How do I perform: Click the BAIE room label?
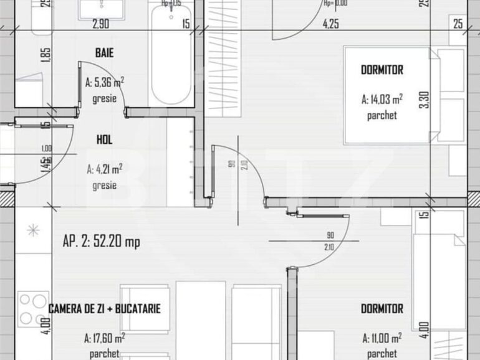[x=104, y=54]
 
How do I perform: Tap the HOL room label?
[x=104, y=140]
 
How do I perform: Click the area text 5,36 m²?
[x=104, y=82]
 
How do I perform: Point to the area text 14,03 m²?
[x=382, y=98]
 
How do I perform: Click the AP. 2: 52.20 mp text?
[x=101, y=242]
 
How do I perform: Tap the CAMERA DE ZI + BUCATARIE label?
[x=105, y=308]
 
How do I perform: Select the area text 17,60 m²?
[x=104, y=338]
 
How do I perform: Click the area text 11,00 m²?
[x=382, y=338]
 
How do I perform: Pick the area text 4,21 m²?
[x=104, y=168]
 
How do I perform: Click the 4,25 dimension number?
[x=330, y=24]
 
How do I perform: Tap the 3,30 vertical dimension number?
[x=425, y=100]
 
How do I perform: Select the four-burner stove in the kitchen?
[x=34, y=308]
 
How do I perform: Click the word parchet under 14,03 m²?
[x=382, y=115]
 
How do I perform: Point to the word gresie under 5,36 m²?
[x=104, y=98]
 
